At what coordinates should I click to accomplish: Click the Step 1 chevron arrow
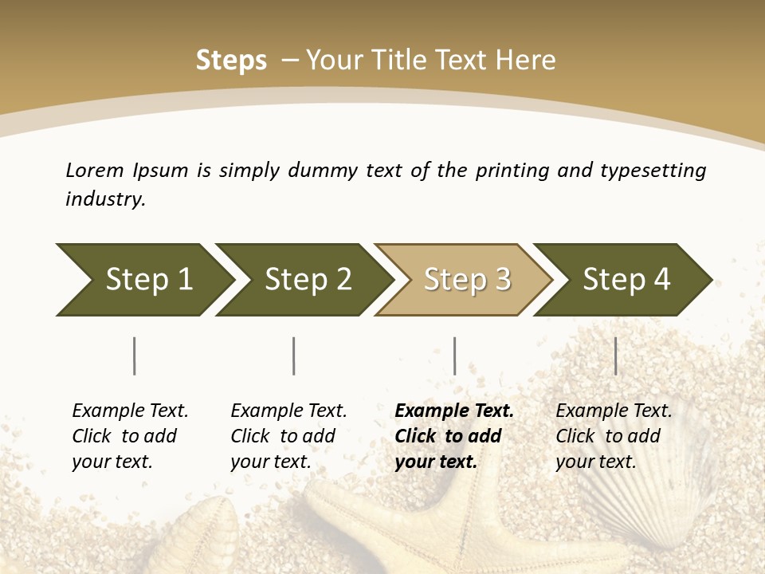[143, 280]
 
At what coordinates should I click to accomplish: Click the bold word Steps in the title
[231, 61]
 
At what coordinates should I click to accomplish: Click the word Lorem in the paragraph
[95, 170]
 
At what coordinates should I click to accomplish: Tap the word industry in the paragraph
[104, 199]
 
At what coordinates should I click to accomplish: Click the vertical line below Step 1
[135, 356]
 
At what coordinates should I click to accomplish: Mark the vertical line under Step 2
[294, 356]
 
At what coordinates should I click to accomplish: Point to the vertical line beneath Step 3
[454, 356]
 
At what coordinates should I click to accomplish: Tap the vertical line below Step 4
[615, 356]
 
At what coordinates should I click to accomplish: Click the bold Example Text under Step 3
[454, 411]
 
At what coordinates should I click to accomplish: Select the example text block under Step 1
[130, 436]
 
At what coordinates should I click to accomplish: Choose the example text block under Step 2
[288, 436]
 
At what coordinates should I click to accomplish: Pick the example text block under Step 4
[614, 436]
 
